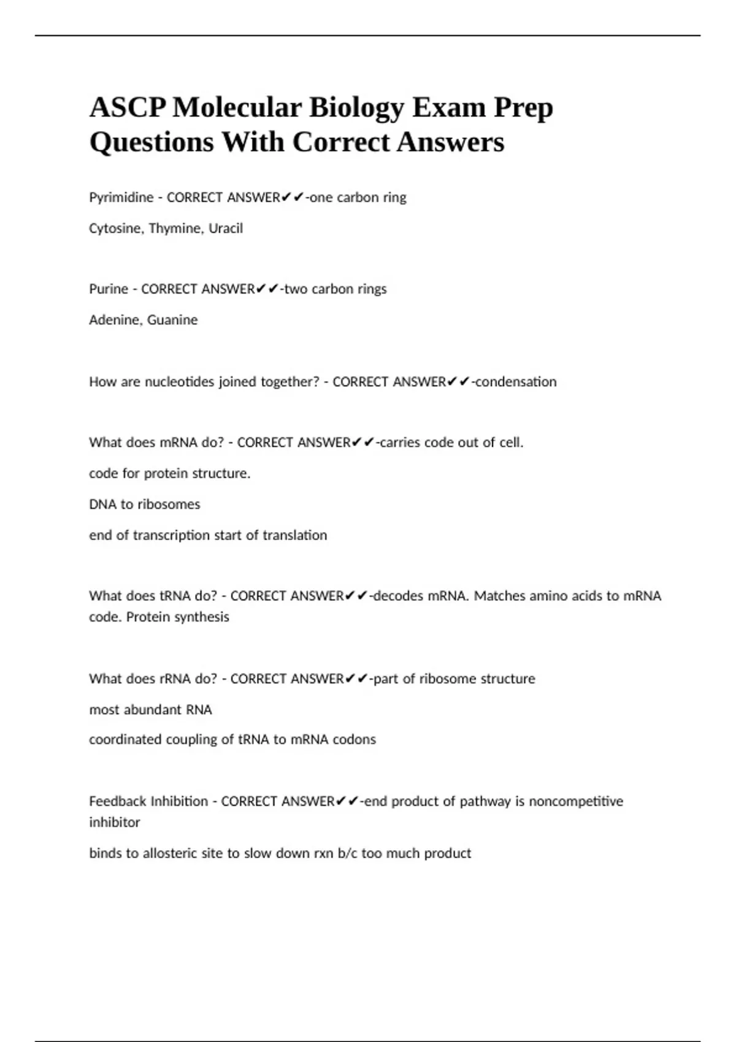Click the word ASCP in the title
128,108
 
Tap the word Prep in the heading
524,108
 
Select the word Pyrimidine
121,197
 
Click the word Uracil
226,229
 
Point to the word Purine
109,289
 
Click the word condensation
516,382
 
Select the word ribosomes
169,504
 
